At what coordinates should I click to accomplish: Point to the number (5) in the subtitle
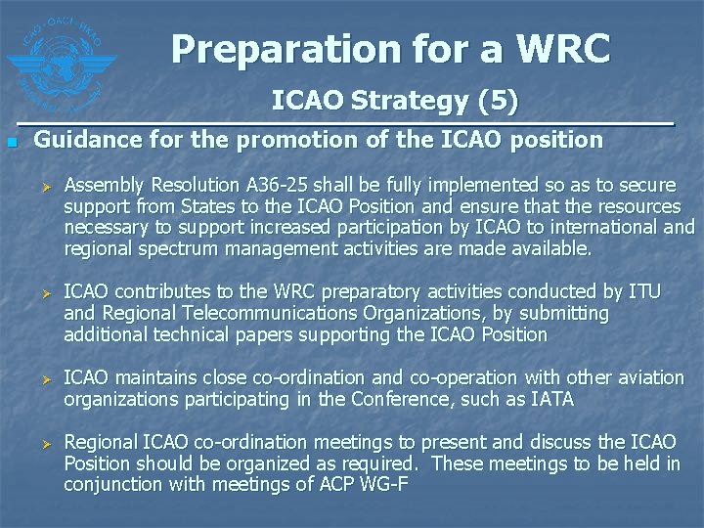click(496, 101)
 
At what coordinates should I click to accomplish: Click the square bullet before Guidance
click(11, 143)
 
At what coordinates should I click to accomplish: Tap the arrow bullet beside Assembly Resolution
click(41, 186)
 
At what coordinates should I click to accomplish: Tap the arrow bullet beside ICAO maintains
click(41, 378)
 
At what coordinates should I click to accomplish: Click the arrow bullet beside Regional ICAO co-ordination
click(41, 442)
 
